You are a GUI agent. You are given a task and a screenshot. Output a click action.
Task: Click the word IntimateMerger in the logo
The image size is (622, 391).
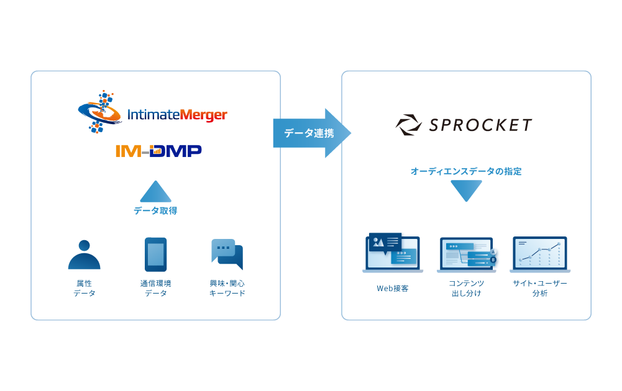point(176,115)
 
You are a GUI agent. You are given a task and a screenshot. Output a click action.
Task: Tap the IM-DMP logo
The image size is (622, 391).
point(158,151)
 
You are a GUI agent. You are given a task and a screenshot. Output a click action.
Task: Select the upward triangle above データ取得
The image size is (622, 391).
point(155,192)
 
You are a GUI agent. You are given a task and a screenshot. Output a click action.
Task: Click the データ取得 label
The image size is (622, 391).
point(155,211)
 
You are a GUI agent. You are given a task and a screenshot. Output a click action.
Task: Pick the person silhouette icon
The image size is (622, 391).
point(84,254)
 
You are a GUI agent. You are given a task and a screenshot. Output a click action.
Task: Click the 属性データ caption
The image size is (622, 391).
point(84,288)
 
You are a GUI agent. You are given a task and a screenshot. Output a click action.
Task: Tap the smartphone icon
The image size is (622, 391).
point(155,254)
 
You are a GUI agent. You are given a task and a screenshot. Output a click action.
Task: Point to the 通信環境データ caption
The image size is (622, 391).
point(155,288)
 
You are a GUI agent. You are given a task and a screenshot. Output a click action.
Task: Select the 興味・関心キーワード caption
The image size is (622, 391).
point(227,288)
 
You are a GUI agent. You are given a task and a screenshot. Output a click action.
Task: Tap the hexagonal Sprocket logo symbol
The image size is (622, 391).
point(409,125)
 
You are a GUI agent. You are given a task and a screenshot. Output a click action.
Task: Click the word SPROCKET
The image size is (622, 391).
point(480,125)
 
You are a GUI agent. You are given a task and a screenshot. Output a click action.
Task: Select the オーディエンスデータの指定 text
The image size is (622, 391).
point(466,171)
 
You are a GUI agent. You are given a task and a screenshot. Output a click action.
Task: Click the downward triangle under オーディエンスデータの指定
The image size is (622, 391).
point(466,191)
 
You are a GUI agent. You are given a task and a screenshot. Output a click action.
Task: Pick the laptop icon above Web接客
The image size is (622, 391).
point(392,254)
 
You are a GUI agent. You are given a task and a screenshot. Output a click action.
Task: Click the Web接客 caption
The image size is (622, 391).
point(392,288)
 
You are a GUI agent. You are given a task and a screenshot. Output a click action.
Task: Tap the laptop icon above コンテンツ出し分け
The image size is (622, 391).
point(467,255)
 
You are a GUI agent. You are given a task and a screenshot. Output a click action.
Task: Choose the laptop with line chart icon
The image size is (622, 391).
point(539,254)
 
